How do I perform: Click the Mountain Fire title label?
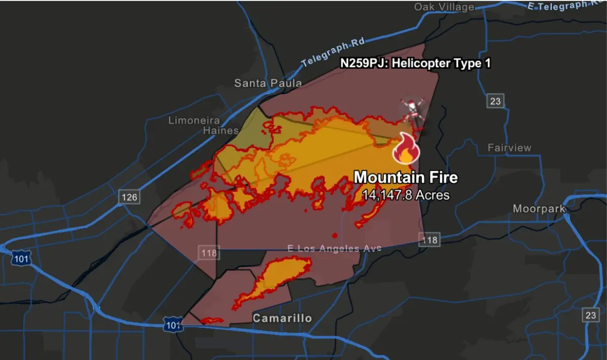coord(406,177)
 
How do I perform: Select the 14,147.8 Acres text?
coord(405,195)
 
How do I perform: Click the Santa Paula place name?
coord(268,83)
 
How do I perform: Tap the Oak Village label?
coord(444,7)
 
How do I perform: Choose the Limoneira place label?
coord(194,120)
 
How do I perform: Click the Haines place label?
coord(221,130)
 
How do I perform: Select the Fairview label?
coord(509,148)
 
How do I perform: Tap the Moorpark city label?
coord(539,209)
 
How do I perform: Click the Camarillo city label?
coord(282,318)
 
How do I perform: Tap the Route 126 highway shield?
coord(129,197)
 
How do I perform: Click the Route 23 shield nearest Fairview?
coord(495,101)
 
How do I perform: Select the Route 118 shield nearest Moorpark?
coord(429,240)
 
